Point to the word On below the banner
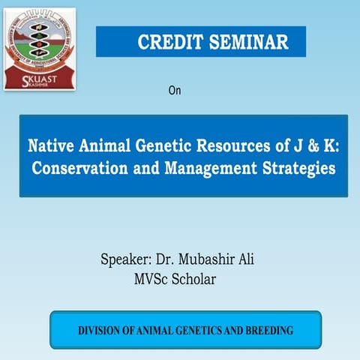click(x=175, y=91)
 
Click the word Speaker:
click(x=126, y=261)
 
